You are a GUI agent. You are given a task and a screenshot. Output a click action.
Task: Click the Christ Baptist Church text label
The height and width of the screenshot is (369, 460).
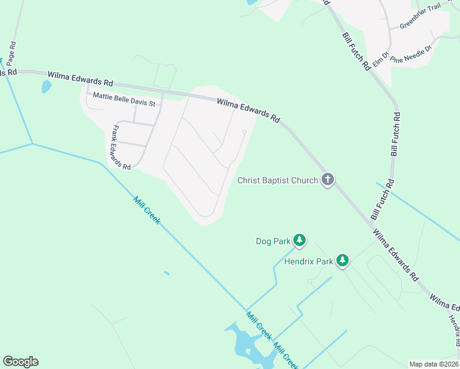pyautogui.click(x=278, y=180)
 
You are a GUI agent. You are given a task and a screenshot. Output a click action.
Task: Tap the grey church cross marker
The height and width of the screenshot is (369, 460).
pyautogui.click(x=328, y=180)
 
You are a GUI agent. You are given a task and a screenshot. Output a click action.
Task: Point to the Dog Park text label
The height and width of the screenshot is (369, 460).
pyautogui.click(x=272, y=242)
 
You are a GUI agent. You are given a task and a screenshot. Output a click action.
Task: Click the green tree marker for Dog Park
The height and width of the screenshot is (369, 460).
pyautogui.click(x=299, y=240)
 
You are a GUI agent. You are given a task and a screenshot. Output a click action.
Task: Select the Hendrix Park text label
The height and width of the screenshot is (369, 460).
pyautogui.click(x=308, y=261)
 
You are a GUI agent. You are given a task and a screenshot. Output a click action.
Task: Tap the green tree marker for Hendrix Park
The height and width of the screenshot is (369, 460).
pyautogui.click(x=343, y=261)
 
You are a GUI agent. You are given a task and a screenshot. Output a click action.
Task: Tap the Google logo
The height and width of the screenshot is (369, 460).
pyautogui.click(x=20, y=362)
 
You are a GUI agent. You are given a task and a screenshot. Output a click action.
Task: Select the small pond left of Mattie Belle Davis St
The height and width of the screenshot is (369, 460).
pyautogui.click(x=46, y=87)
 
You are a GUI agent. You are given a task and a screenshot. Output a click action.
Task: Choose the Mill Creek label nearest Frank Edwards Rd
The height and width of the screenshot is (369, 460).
pyautogui.click(x=147, y=210)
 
